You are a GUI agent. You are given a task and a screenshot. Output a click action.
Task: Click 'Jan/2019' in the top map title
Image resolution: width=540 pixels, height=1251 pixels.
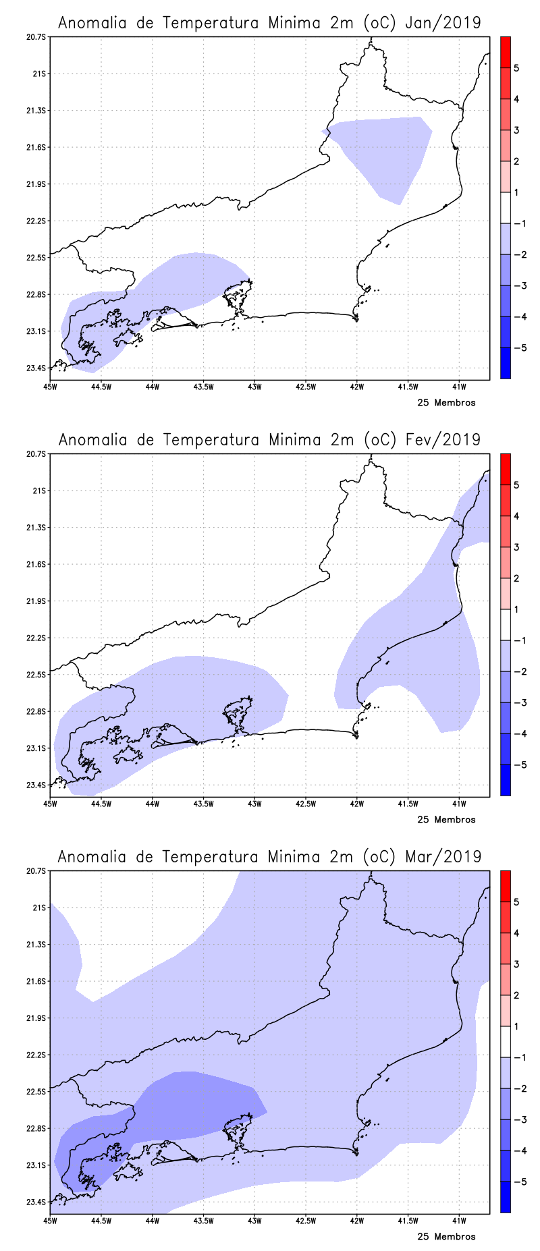pos(443,23)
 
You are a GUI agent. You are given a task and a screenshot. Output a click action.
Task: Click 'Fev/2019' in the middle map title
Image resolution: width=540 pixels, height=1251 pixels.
pos(443,440)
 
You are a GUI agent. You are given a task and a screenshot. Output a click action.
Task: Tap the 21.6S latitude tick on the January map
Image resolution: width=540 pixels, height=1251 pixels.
pos(36,147)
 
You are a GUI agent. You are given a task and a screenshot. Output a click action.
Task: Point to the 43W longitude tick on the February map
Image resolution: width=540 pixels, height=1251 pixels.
pos(254,804)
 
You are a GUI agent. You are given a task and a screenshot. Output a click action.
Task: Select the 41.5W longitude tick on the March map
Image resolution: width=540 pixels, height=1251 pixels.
pos(408,1221)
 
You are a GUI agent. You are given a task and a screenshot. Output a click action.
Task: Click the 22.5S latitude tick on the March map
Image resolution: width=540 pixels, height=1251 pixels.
pos(36,1092)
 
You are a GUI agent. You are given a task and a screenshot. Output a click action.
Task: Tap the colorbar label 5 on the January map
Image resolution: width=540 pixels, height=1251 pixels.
pos(516,68)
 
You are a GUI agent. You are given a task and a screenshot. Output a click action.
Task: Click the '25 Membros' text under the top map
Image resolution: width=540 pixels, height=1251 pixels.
pos(446,403)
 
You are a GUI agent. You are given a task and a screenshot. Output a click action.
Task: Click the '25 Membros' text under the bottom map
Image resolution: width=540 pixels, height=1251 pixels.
pos(446,1237)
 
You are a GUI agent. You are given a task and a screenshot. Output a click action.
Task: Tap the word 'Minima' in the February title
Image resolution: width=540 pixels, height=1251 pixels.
pos(294,440)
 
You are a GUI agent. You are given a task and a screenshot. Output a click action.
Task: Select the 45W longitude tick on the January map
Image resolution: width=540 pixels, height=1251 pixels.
pos(50,387)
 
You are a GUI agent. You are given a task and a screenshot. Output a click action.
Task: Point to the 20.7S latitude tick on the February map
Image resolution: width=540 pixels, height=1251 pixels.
pos(36,454)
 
